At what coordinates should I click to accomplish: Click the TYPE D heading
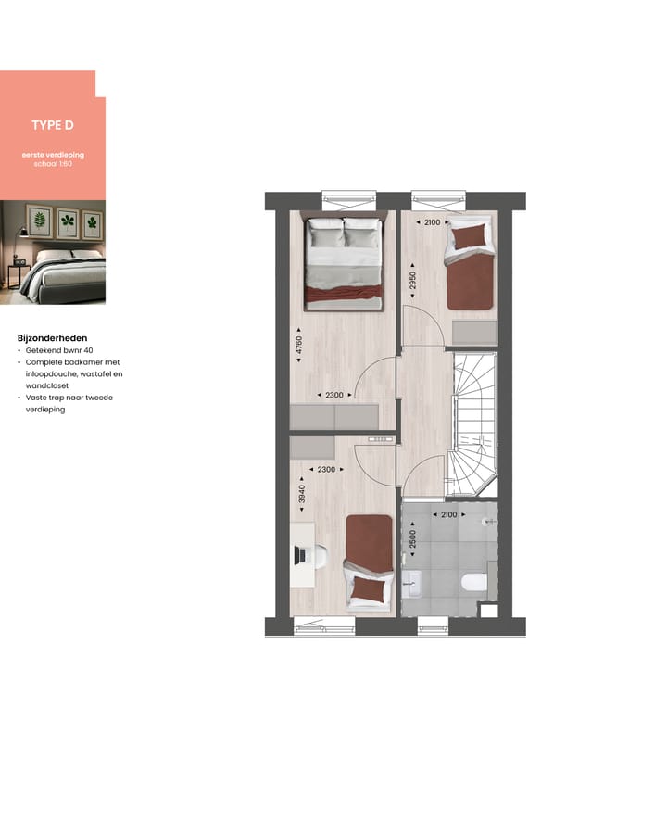pos(52,125)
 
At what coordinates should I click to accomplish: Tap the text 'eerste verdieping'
pos(52,155)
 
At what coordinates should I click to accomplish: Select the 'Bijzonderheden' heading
pos(52,338)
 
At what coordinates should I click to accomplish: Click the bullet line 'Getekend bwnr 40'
pos(60,350)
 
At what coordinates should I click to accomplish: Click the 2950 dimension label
pos(412,281)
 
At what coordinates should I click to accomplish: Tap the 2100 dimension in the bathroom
pos(448,515)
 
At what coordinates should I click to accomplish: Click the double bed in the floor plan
pos(344,262)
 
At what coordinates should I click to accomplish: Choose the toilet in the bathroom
pos(473,582)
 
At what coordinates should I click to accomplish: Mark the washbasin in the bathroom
pos(413,584)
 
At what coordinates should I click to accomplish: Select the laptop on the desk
pos(299,554)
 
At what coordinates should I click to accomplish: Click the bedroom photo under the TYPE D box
pos(52,252)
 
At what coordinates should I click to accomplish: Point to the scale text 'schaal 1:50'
pos(52,164)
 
